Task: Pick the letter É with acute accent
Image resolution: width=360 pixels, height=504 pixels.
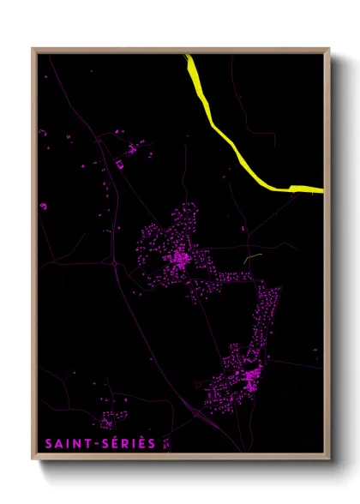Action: [111, 443]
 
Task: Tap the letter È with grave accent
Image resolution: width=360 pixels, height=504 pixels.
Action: [141, 443]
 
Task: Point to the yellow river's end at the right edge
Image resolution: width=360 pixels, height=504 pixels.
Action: [321, 189]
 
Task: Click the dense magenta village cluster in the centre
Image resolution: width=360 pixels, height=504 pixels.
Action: [179, 256]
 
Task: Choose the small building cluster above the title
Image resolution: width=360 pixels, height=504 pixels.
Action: [109, 421]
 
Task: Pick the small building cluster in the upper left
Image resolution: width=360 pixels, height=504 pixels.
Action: [131, 149]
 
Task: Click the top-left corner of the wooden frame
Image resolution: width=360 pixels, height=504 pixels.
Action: [33, 49]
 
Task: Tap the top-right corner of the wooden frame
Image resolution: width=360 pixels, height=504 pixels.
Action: [329, 49]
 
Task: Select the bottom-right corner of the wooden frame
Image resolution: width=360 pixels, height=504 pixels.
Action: [329, 459]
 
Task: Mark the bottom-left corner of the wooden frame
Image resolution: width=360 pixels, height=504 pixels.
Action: [33, 459]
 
